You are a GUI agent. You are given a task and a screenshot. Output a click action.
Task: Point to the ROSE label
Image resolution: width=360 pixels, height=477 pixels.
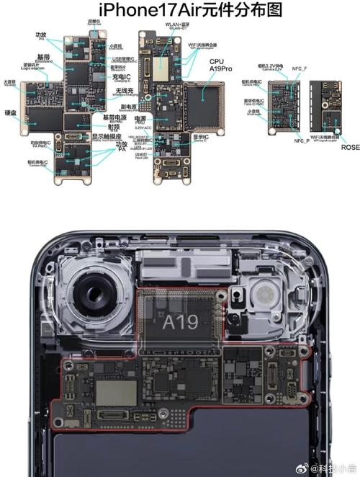(351, 147)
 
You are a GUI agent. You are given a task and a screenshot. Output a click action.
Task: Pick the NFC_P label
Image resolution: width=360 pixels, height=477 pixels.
(302, 141)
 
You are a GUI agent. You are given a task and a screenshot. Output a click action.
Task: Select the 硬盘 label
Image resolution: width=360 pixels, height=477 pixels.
(11, 113)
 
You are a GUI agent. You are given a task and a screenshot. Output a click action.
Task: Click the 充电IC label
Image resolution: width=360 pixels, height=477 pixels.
(122, 76)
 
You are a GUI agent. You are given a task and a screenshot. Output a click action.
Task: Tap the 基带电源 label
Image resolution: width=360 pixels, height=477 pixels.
(114, 117)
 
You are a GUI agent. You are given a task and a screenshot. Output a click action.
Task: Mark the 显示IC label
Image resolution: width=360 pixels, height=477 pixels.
(201, 137)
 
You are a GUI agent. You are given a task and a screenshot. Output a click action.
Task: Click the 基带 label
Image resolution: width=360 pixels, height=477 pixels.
(42, 55)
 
